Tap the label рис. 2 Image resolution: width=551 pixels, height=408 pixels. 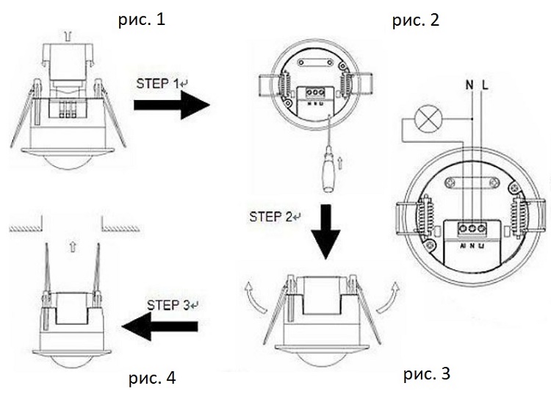(414, 20)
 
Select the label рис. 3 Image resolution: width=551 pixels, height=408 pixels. (425, 375)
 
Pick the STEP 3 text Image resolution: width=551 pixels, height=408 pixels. (165, 304)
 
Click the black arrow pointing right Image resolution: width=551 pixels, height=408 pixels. (170, 107)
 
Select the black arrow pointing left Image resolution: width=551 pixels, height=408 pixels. (159, 326)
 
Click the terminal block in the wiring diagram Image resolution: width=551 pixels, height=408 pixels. (472, 229)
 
